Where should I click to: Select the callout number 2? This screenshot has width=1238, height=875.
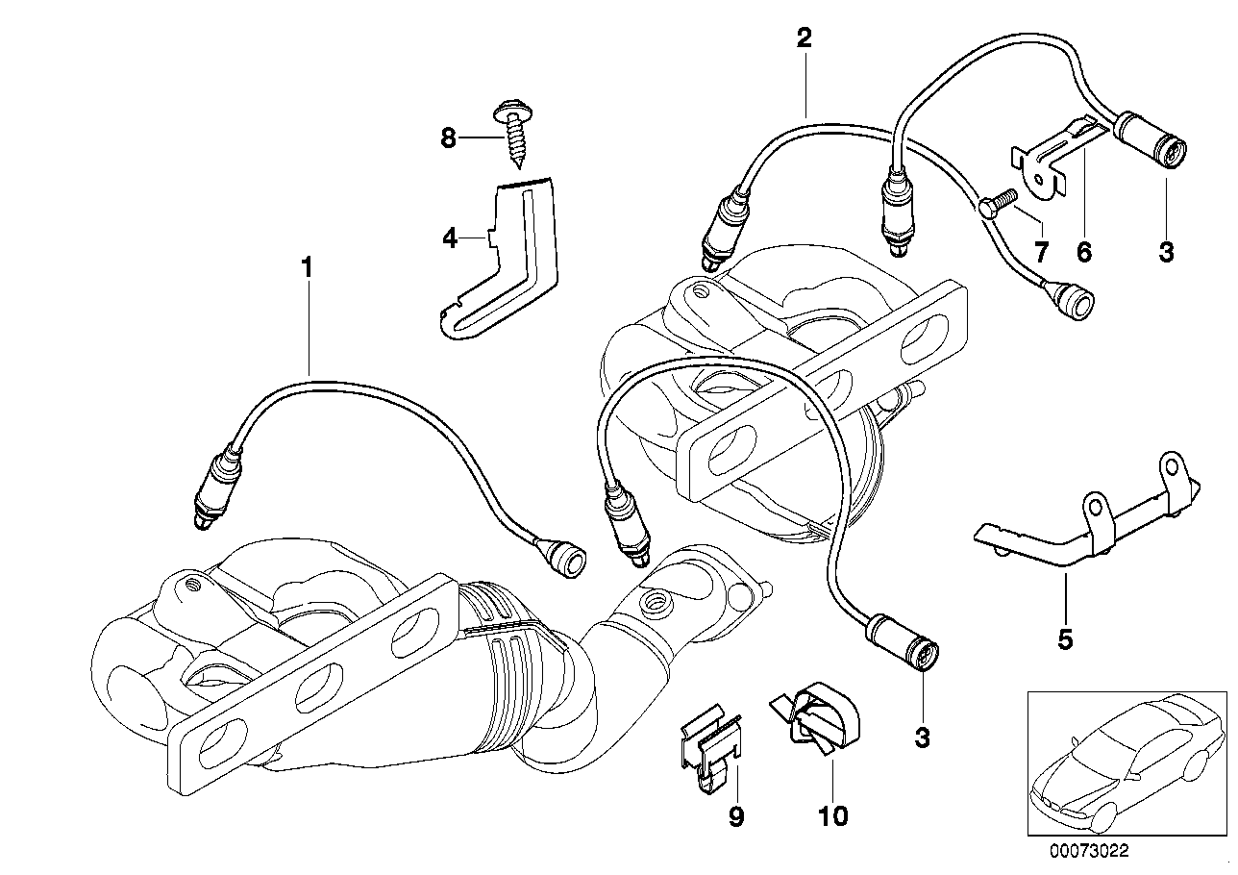coord(804,39)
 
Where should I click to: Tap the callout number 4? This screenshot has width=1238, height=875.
coord(450,237)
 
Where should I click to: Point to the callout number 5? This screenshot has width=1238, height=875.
coord(1064,638)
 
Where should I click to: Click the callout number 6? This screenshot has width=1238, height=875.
coord(1083,252)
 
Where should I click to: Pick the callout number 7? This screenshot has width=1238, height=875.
coord(1040,252)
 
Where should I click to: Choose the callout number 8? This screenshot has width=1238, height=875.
coord(449,138)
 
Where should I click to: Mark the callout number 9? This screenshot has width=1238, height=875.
coord(735,817)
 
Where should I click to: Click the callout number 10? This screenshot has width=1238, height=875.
coord(832,817)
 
